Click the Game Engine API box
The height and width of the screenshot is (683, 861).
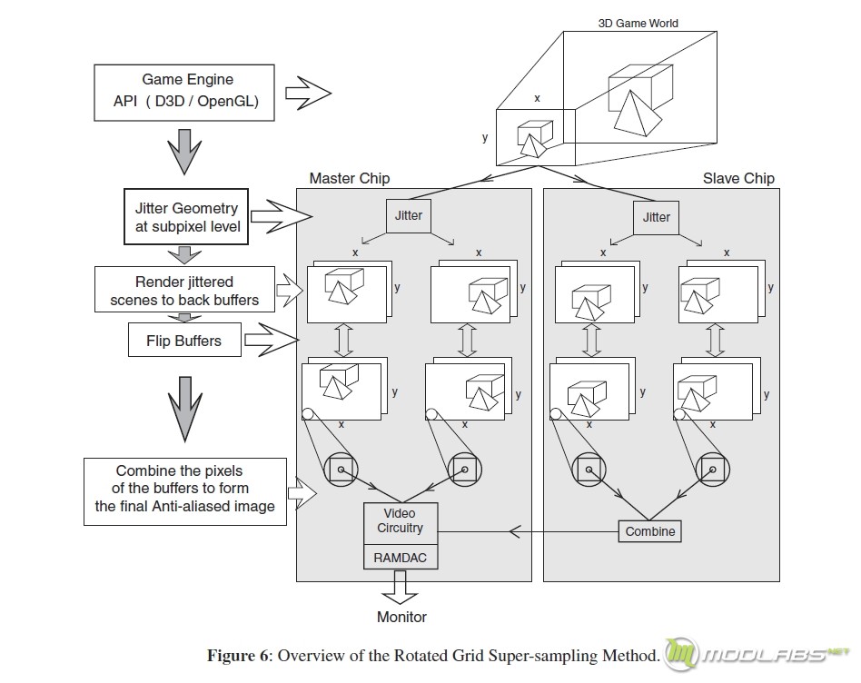(x=184, y=93)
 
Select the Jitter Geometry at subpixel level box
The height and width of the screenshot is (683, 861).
(x=185, y=216)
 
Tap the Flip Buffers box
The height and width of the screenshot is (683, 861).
(x=184, y=340)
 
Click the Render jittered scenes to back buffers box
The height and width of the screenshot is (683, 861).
(x=184, y=290)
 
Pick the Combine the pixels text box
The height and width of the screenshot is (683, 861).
(x=185, y=491)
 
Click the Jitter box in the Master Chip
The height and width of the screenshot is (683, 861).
(x=409, y=216)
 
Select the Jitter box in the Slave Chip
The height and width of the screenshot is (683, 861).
(x=656, y=217)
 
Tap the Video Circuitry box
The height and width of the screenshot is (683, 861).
(x=401, y=523)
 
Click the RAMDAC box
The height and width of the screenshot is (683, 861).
(x=401, y=558)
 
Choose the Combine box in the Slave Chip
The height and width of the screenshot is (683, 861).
(x=650, y=531)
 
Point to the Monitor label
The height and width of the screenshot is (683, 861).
(x=401, y=617)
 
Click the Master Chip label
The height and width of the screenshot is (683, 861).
(x=350, y=178)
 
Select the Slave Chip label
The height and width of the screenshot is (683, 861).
(x=738, y=178)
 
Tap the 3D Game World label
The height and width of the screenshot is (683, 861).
(x=638, y=23)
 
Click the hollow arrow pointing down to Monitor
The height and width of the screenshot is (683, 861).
(x=401, y=588)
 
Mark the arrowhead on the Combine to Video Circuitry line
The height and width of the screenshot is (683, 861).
(x=514, y=531)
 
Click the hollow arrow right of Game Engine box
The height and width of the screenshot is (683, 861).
(x=308, y=93)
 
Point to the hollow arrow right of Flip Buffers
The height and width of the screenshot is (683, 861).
(x=272, y=340)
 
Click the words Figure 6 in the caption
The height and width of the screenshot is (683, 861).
(x=239, y=656)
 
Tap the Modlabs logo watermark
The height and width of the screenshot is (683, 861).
(x=757, y=654)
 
